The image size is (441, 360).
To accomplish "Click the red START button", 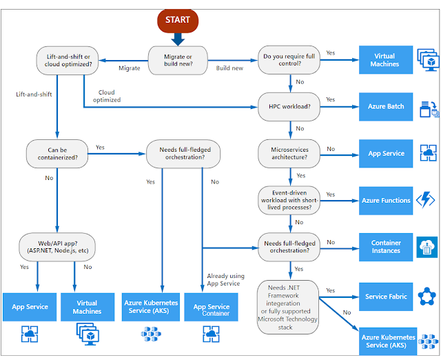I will [177, 19].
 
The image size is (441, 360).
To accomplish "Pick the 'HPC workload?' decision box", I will [289, 106].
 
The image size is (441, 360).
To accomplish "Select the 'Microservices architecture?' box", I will [289, 153].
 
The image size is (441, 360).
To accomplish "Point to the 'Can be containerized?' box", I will [57, 152].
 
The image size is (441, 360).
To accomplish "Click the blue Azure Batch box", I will [386, 107].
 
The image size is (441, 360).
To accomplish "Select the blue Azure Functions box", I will [386, 200].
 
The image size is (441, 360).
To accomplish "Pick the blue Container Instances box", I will [386, 246].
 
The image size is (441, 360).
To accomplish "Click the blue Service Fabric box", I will [386, 297].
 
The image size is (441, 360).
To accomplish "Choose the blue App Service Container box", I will [212, 310].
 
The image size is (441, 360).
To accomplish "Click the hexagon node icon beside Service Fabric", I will [425, 297].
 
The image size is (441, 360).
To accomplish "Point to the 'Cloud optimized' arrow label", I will [107, 96].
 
